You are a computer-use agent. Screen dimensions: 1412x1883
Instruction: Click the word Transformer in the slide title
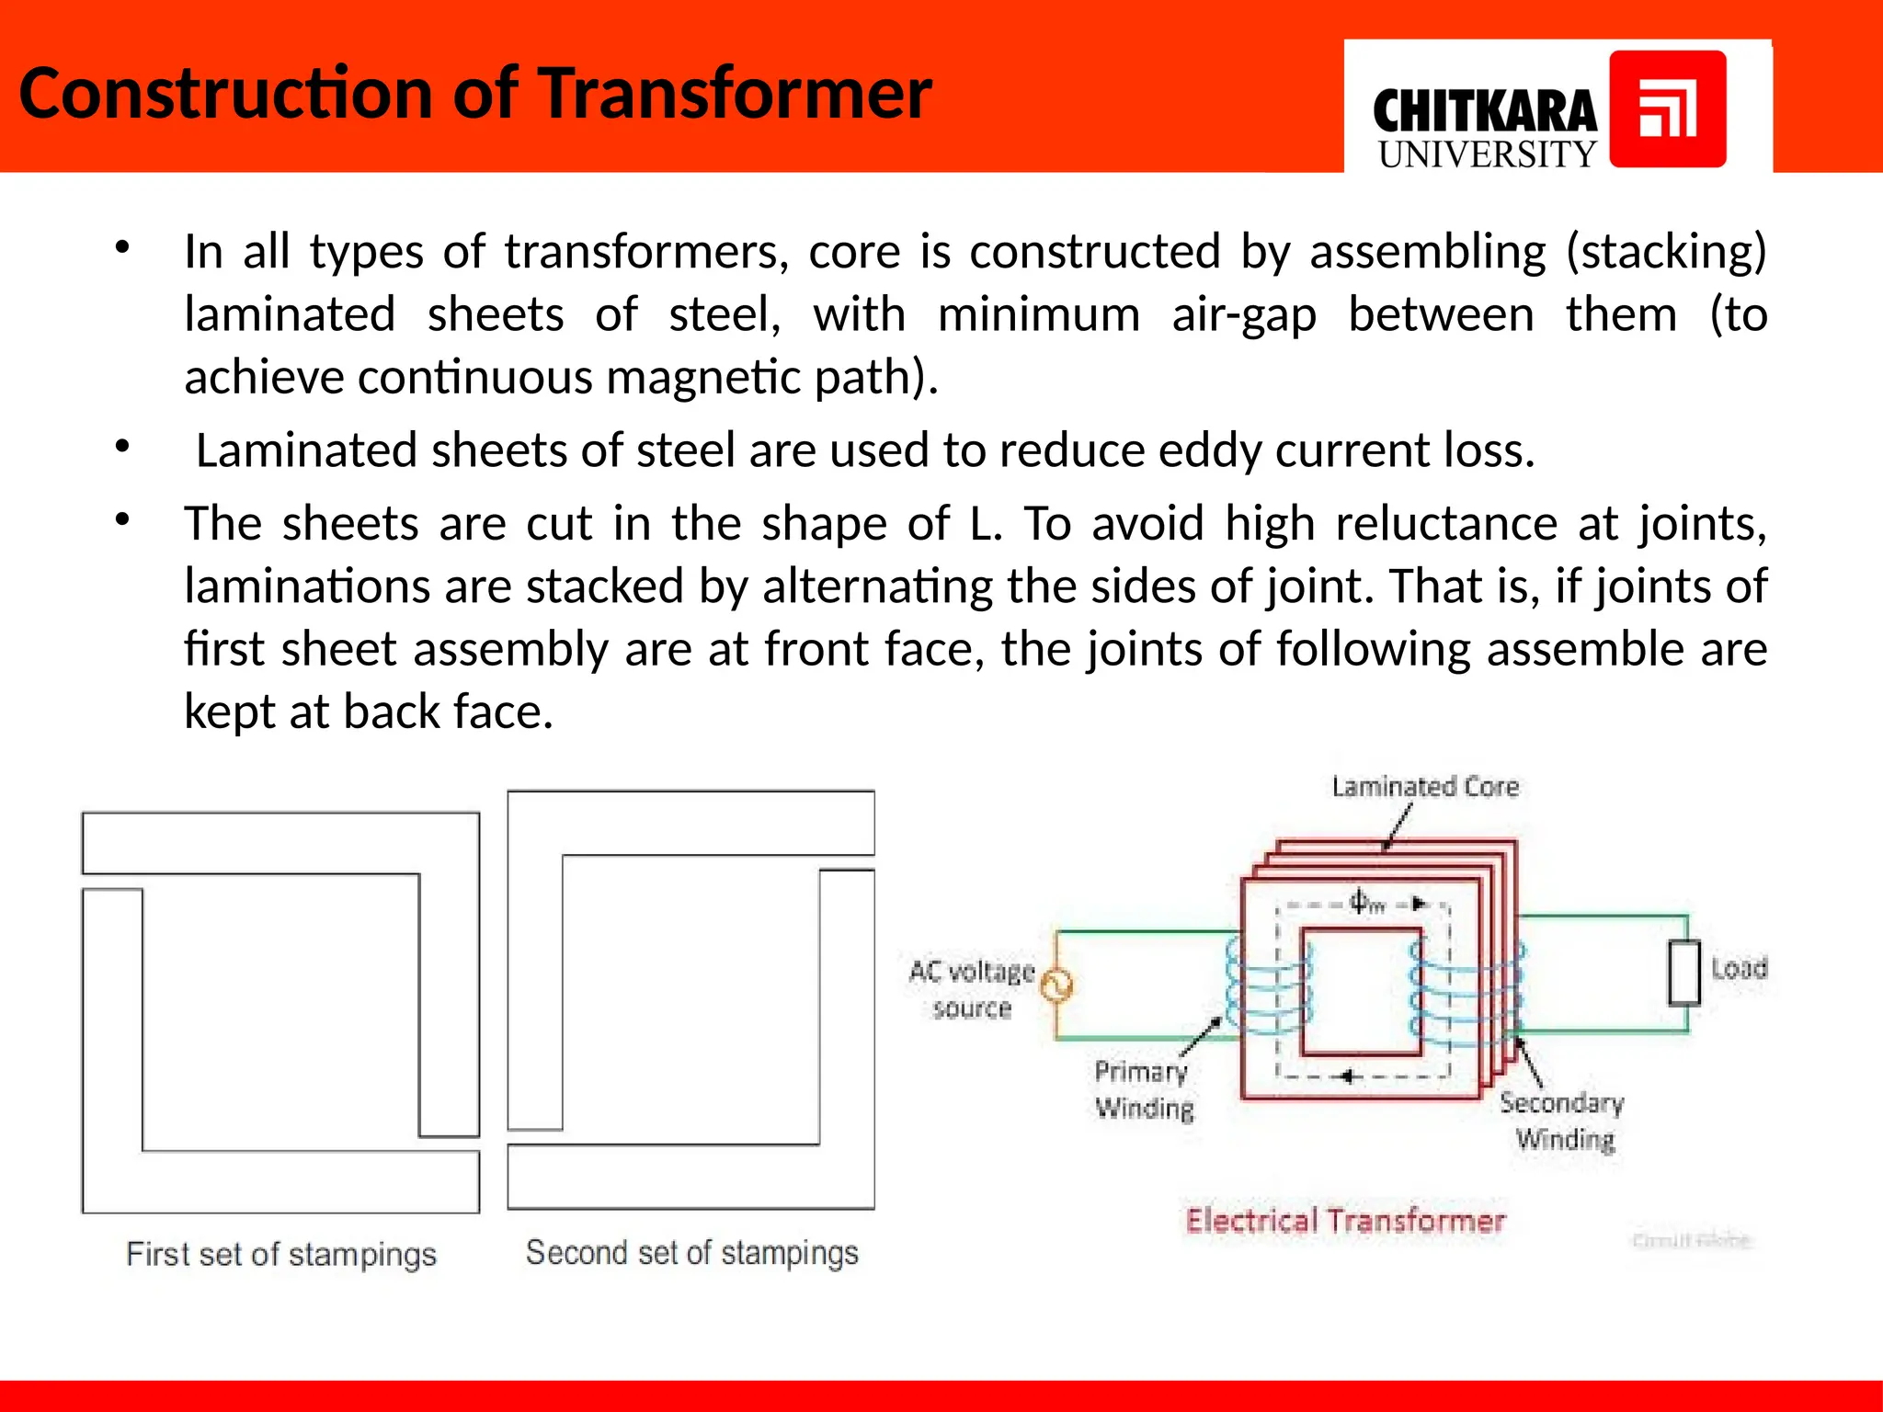(735, 94)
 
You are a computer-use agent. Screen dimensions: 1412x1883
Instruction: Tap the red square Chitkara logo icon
(1667, 109)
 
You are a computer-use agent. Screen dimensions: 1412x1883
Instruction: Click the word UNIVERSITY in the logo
(1487, 154)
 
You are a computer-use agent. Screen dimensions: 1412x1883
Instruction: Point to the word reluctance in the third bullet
(1447, 524)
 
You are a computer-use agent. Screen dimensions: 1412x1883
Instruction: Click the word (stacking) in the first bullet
(1666, 252)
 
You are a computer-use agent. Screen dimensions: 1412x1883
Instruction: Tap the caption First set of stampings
(281, 1255)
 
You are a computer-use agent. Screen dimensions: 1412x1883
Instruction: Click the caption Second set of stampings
(691, 1253)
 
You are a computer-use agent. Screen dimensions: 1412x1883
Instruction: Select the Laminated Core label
(1424, 787)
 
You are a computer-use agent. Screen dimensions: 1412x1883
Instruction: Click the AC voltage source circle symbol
(1056, 985)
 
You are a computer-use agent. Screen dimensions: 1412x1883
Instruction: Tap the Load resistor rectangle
(1684, 973)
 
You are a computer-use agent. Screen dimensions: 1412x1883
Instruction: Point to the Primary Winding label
(1143, 1090)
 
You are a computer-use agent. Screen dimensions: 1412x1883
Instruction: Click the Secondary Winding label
(1562, 1121)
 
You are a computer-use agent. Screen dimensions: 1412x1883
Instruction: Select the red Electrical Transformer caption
(1344, 1221)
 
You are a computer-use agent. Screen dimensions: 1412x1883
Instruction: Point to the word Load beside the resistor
(1739, 968)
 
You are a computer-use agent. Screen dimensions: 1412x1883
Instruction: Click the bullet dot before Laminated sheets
(122, 448)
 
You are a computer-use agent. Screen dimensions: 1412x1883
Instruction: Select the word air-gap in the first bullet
(1243, 315)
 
